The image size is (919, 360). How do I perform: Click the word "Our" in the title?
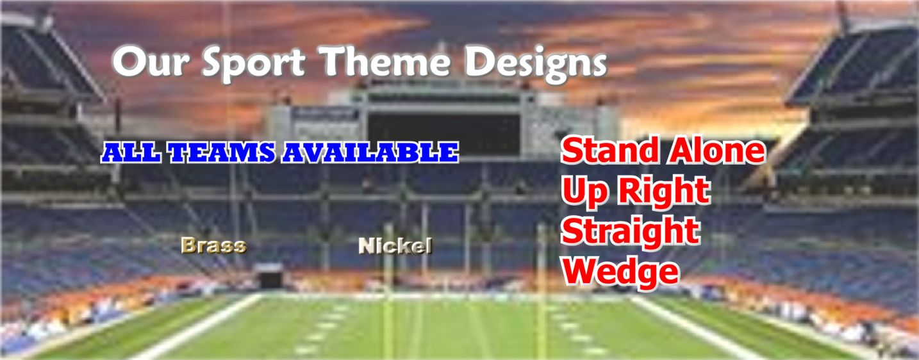point(151,62)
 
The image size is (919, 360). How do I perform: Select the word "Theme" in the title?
point(384,61)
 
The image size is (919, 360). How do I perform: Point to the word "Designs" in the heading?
point(535,63)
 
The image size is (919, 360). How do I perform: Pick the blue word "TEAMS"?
point(222,152)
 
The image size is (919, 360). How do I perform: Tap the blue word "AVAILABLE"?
point(370,152)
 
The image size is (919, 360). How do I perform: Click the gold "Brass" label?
point(214,245)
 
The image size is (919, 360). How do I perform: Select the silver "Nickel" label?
point(395,245)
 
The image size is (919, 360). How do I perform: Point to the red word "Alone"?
point(716,150)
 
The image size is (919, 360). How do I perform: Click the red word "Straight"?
point(631,232)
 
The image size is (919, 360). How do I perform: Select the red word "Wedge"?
point(620,272)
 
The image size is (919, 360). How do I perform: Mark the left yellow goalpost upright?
point(388,291)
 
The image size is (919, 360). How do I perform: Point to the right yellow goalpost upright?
point(542,291)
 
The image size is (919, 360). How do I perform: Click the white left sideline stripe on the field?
point(197,327)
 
